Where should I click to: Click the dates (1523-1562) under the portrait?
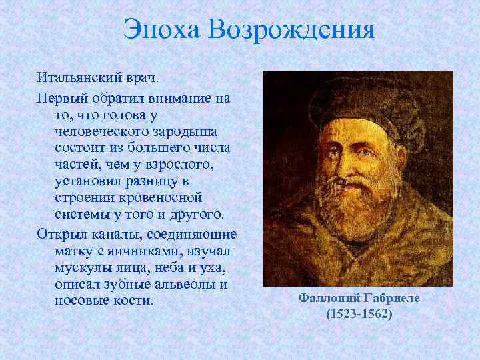359,313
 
